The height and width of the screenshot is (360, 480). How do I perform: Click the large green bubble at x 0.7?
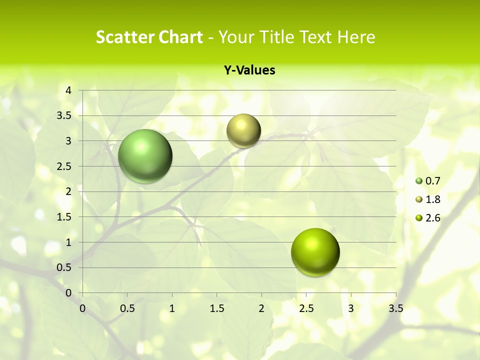145,156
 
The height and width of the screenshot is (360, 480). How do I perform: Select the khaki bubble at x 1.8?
243,130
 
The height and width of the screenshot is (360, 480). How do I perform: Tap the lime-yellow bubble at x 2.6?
315,252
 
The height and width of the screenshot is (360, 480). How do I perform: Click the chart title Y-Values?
249,70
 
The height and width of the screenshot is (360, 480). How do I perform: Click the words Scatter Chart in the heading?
149,37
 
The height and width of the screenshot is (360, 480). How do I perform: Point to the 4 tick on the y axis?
69,90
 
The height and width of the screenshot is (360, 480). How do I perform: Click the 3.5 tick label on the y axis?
64,115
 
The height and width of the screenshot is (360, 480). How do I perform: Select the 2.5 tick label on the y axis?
64,166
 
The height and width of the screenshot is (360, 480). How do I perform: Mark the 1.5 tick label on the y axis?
64,217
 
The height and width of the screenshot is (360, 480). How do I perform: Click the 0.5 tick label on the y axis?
64,267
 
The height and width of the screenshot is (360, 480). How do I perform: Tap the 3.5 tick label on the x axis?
395,308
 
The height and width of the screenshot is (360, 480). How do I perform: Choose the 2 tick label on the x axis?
261,308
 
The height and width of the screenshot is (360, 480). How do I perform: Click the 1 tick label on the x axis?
172,308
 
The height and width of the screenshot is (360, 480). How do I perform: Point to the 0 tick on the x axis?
82,308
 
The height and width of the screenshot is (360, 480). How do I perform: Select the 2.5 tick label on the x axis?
306,308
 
